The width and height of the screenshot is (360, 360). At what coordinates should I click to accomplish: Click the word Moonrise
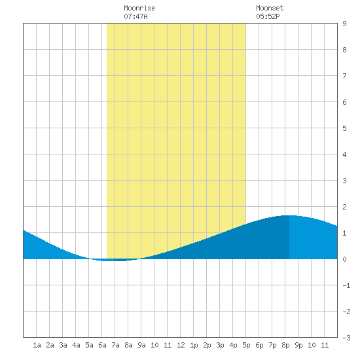(x=139, y=8)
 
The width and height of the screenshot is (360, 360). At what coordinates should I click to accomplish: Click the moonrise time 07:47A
(x=135, y=16)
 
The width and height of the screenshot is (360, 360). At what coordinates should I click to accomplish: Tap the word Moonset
(x=270, y=8)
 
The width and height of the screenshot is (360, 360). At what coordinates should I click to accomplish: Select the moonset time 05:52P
(x=268, y=16)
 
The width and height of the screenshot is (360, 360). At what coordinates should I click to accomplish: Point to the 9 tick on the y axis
(x=344, y=24)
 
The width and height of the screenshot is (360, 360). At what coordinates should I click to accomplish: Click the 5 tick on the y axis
(x=344, y=128)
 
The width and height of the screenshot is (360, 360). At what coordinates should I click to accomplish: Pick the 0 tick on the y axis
(x=344, y=259)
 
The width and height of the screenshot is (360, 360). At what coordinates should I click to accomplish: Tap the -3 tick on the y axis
(x=346, y=338)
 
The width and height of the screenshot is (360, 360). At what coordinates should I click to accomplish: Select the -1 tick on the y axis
(x=346, y=285)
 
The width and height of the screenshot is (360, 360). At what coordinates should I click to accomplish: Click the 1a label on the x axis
(x=37, y=345)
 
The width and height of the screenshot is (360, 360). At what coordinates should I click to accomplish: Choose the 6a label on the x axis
(x=102, y=345)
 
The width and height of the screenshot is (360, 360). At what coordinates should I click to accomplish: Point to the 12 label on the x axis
(x=181, y=345)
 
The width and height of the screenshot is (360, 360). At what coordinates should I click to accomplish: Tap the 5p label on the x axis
(x=246, y=345)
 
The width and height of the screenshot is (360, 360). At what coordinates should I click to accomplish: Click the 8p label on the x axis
(x=285, y=345)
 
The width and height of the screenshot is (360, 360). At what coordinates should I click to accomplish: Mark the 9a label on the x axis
(x=141, y=345)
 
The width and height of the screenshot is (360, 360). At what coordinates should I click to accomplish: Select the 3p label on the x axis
(x=220, y=345)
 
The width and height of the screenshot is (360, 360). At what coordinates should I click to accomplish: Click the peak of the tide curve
(x=289, y=215)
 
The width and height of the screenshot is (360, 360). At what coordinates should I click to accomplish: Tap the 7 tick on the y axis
(x=344, y=76)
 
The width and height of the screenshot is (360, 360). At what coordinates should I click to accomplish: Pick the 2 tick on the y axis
(x=344, y=207)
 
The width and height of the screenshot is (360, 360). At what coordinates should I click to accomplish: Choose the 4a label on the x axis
(x=76, y=345)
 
